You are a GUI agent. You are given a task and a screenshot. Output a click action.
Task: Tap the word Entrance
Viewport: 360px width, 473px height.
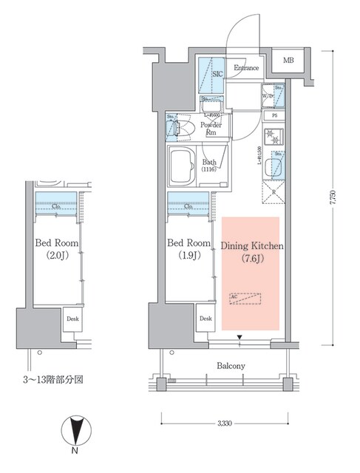(x=245, y=69)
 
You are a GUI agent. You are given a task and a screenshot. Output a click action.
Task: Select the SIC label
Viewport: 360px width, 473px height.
(x=217, y=75)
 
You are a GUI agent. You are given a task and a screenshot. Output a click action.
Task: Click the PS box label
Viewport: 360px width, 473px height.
(x=274, y=116)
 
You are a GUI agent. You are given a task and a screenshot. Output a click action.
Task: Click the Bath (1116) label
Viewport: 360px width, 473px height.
(x=209, y=166)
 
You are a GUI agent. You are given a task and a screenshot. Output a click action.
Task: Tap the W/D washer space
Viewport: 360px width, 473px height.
(x=269, y=97)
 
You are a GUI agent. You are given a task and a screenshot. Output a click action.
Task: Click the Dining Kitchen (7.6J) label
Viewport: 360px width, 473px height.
(x=248, y=251)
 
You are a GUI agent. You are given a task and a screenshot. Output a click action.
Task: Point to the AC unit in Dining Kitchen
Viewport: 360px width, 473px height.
(x=245, y=298)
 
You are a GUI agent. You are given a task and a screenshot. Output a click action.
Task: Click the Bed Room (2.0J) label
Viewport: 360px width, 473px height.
(x=54, y=250)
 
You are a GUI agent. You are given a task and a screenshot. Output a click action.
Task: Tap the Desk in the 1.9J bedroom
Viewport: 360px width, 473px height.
(x=206, y=319)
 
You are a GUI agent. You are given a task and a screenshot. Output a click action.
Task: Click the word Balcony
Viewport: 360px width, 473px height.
(x=231, y=366)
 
